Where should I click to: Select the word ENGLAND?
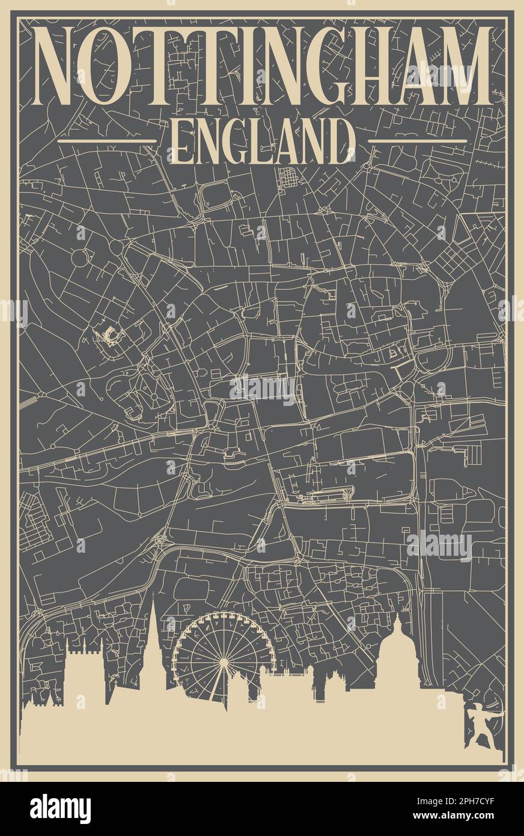coord(262,142)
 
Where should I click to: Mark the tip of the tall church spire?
coord(153,596)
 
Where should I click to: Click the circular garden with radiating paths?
coord(154,398)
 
